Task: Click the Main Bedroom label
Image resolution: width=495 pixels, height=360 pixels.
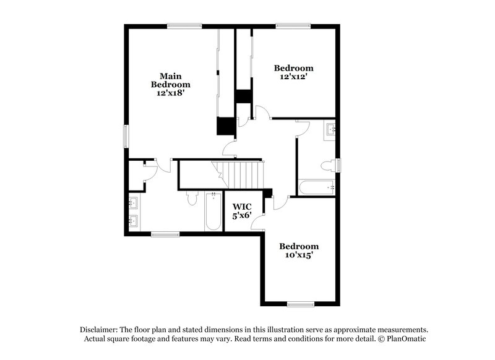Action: pos(171,80)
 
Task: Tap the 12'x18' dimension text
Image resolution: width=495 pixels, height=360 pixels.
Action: pos(171,93)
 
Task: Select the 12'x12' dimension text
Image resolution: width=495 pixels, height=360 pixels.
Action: pos(293,76)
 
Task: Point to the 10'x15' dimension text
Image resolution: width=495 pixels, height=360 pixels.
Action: pos(299,255)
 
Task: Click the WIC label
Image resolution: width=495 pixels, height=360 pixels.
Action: pos(242,207)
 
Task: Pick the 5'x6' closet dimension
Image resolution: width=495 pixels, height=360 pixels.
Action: pos(242,216)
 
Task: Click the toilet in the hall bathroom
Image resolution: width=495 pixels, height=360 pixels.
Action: pos(329,166)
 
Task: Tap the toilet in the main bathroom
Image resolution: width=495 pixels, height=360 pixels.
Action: pos(192,198)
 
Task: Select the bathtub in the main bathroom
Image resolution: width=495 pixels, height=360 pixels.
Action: pos(213,212)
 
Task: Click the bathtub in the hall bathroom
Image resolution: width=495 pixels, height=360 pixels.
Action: pos(317,187)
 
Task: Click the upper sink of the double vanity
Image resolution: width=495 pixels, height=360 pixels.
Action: pos(133,203)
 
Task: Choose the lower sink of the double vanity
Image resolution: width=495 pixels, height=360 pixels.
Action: pos(133,221)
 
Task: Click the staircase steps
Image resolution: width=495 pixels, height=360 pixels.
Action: pos(238,175)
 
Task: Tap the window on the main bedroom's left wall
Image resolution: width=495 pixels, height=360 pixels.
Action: pos(126,136)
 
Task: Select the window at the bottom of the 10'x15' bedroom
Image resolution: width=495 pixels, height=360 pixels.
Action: pos(301,304)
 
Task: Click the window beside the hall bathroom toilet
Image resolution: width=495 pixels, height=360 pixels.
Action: pos(338,165)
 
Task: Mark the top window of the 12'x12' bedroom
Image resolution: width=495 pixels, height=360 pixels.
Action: pos(293,26)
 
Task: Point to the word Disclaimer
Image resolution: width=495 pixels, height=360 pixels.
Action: pos(99,330)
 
